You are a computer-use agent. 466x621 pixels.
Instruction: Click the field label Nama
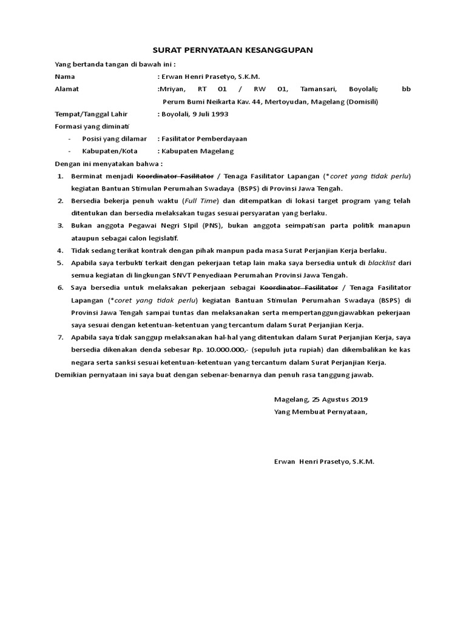click(x=64, y=76)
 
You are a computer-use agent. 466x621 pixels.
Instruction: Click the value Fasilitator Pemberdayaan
click(x=204, y=139)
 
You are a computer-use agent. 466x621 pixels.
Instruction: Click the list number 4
click(x=60, y=250)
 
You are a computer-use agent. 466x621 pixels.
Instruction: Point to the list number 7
click(x=60, y=338)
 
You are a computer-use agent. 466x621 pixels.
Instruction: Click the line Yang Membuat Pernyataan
click(x=320, y=412)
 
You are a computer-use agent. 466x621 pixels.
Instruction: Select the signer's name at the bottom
click(x=325, y=462)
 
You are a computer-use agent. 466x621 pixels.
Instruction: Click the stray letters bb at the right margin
click(x=406, y=89)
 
